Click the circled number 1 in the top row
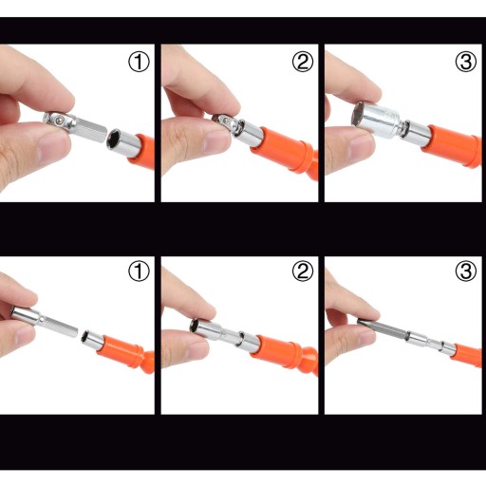click(139, 62)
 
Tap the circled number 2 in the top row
click(303, 62)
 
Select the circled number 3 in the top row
click(466, 62)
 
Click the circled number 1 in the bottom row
click(139, 271)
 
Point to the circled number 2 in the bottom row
click(303, 271)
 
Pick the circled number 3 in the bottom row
click(466, 271)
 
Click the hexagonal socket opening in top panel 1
click(113, 140)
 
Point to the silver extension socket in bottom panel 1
click(45, 322)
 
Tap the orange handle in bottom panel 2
click(285, 352)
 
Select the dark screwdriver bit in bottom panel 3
click(383, 328)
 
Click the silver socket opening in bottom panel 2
click(194, 326)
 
